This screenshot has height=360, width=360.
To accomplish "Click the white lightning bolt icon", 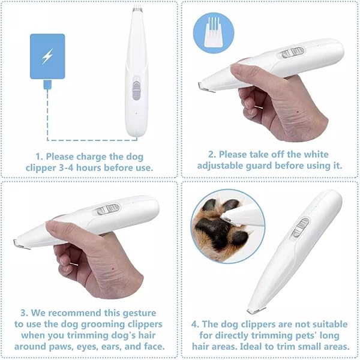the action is coord(47,56).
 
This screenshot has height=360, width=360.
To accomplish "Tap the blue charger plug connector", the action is coord(47,84).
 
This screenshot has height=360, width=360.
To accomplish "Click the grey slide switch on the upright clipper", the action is coord(136,88).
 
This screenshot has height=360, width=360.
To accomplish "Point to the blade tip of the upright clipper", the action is coord(137,10).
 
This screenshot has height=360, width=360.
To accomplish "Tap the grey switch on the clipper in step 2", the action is coord(293,53).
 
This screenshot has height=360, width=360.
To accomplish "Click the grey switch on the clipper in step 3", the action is coord(108,209).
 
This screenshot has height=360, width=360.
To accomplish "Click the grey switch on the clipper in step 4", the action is coord(301,227).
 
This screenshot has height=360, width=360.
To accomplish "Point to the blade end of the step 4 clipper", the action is coord(256,311).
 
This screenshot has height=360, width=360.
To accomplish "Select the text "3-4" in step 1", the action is coord(66,168).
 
